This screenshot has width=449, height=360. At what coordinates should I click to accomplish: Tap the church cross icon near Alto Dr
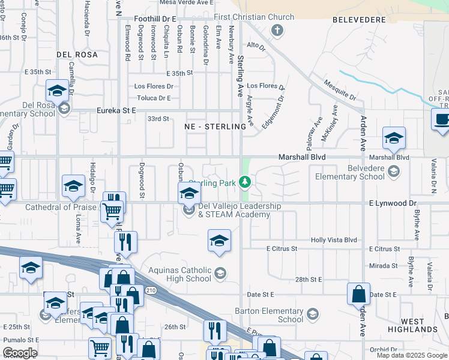pyautogui.click(x=277, y=30)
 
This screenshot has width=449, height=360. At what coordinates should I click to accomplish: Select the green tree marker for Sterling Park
pyautogui.click(x=245, y=181)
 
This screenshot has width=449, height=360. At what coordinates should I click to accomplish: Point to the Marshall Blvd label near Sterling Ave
pyautogui.click(x=301, y=157)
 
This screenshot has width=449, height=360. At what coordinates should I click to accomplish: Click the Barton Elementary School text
pyautogui.click(x=269, y=315)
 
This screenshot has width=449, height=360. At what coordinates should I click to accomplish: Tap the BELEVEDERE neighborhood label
pyautogui.click(x=358, y=20)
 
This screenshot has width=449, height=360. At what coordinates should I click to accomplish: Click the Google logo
pyautogui.click(x=20, y=353)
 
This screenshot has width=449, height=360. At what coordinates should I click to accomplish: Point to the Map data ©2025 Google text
pyautogui.click(x=412, y=355)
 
